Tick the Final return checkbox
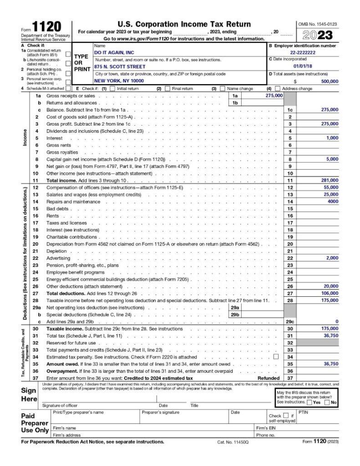(x=167, y=89)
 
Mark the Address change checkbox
(x=277, y=89)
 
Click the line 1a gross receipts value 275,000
(x=274, y=96)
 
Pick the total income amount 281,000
(x=329, y=180)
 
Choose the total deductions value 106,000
(x=329, y=294)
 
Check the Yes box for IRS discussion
(x=310, y=402)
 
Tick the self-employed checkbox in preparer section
(x=285, y=415)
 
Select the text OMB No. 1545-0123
(x=318, y=23)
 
